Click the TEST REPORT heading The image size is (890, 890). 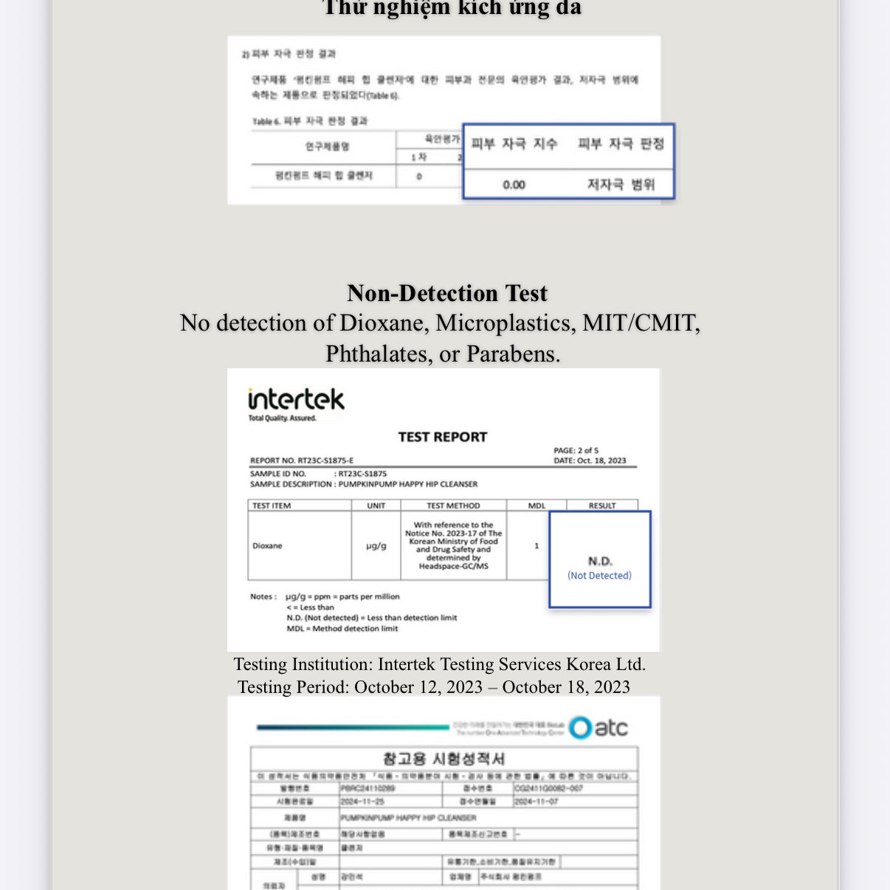click(443, 437)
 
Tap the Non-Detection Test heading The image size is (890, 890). click(447, 293)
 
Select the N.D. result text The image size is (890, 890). click(600, 562)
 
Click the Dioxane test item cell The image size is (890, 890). click(268, 546)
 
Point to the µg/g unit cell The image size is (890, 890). click(376, 546)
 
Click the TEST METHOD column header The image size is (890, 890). click(453, 506)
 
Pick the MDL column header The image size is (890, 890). click(537, 506)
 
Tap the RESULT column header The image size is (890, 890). click(602, 506)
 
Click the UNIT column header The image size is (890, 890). click(376, 506)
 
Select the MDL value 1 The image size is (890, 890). click(537, 546)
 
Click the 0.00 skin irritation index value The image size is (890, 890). click(514, 184)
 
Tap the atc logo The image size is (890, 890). click(599, 728)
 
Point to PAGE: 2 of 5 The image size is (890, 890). click(576, 450)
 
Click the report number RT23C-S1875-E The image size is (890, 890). click(325, 460)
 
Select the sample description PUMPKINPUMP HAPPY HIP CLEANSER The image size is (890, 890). click(407, 484)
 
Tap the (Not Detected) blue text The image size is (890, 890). click(599, 576)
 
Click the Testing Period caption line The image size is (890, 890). click(434, 687)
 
